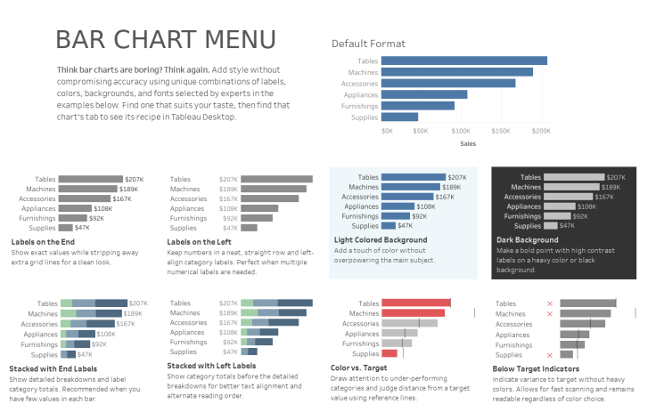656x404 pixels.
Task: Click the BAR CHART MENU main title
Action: click(165, 40)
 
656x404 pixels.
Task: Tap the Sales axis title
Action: click(468, 143)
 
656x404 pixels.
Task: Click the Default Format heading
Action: click(368, 44)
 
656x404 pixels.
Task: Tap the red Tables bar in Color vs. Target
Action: click(415, 303)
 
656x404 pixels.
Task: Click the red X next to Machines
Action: click(549, 314)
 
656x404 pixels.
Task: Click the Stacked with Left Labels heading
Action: click(211, 366)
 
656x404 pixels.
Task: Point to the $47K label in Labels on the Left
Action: click(229, 228)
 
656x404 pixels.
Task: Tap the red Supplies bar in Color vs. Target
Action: click(389, 354)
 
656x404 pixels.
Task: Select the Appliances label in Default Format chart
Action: click(359, 94)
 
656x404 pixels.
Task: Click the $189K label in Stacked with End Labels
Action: click(132, 314)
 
